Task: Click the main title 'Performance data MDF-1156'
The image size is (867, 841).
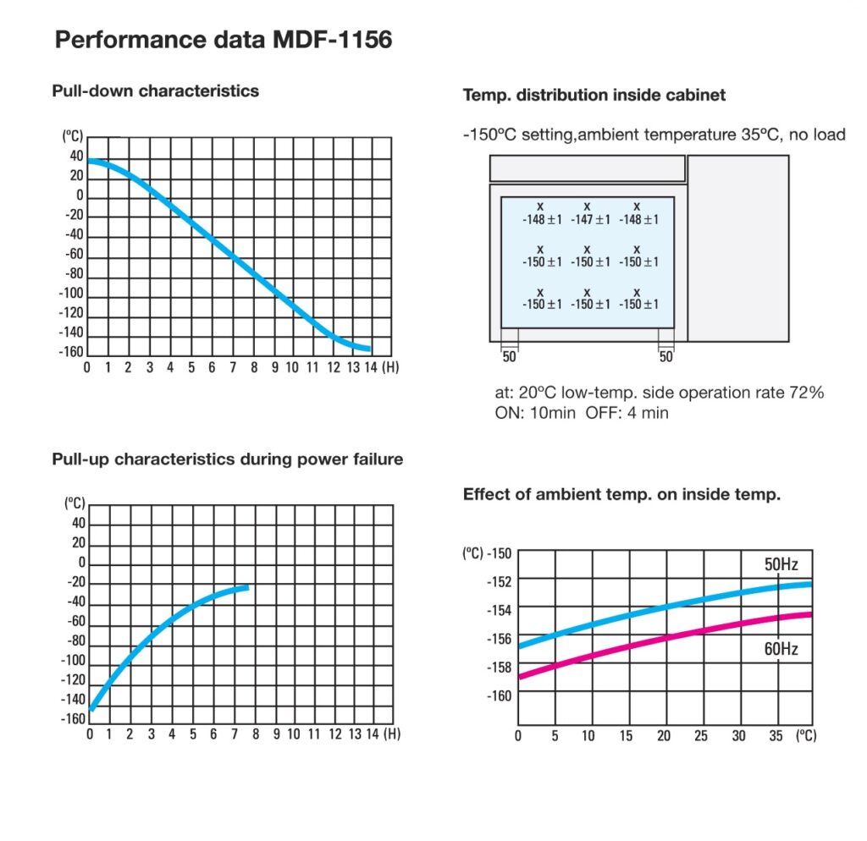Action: pyautogui.click(x=223, y=40)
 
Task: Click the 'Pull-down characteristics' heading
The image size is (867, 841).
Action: pyautogui.click(x=155, y=91)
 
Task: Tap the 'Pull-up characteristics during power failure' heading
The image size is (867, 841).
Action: pyautogui.click(x=227, y=459)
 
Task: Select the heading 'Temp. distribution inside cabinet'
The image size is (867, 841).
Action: pyautogui.click(x=594, y=96)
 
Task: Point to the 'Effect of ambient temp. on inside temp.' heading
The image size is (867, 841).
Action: pyautogui.click(x=621, y=495)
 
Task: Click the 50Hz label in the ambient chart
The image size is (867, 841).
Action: pyautogui.click(x=781, y=564)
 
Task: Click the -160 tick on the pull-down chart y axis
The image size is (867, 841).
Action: pyautogui.click(x=71, y=352)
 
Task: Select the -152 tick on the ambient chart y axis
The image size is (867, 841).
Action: pyautogui.click(x=499, y=580)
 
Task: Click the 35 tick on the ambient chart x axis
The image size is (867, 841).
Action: pyautogui.click(x=776, y=736)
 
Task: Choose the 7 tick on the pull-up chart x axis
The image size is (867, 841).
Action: pyautogui.click(x=232, y=734)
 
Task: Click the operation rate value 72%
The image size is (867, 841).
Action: pyautogui.click(x=807, y=393)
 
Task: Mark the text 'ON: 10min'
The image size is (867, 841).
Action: pyautogui.click(x=535, y=414)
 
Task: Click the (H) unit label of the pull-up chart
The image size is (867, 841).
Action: pyautogui.click(x=392, y=734)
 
